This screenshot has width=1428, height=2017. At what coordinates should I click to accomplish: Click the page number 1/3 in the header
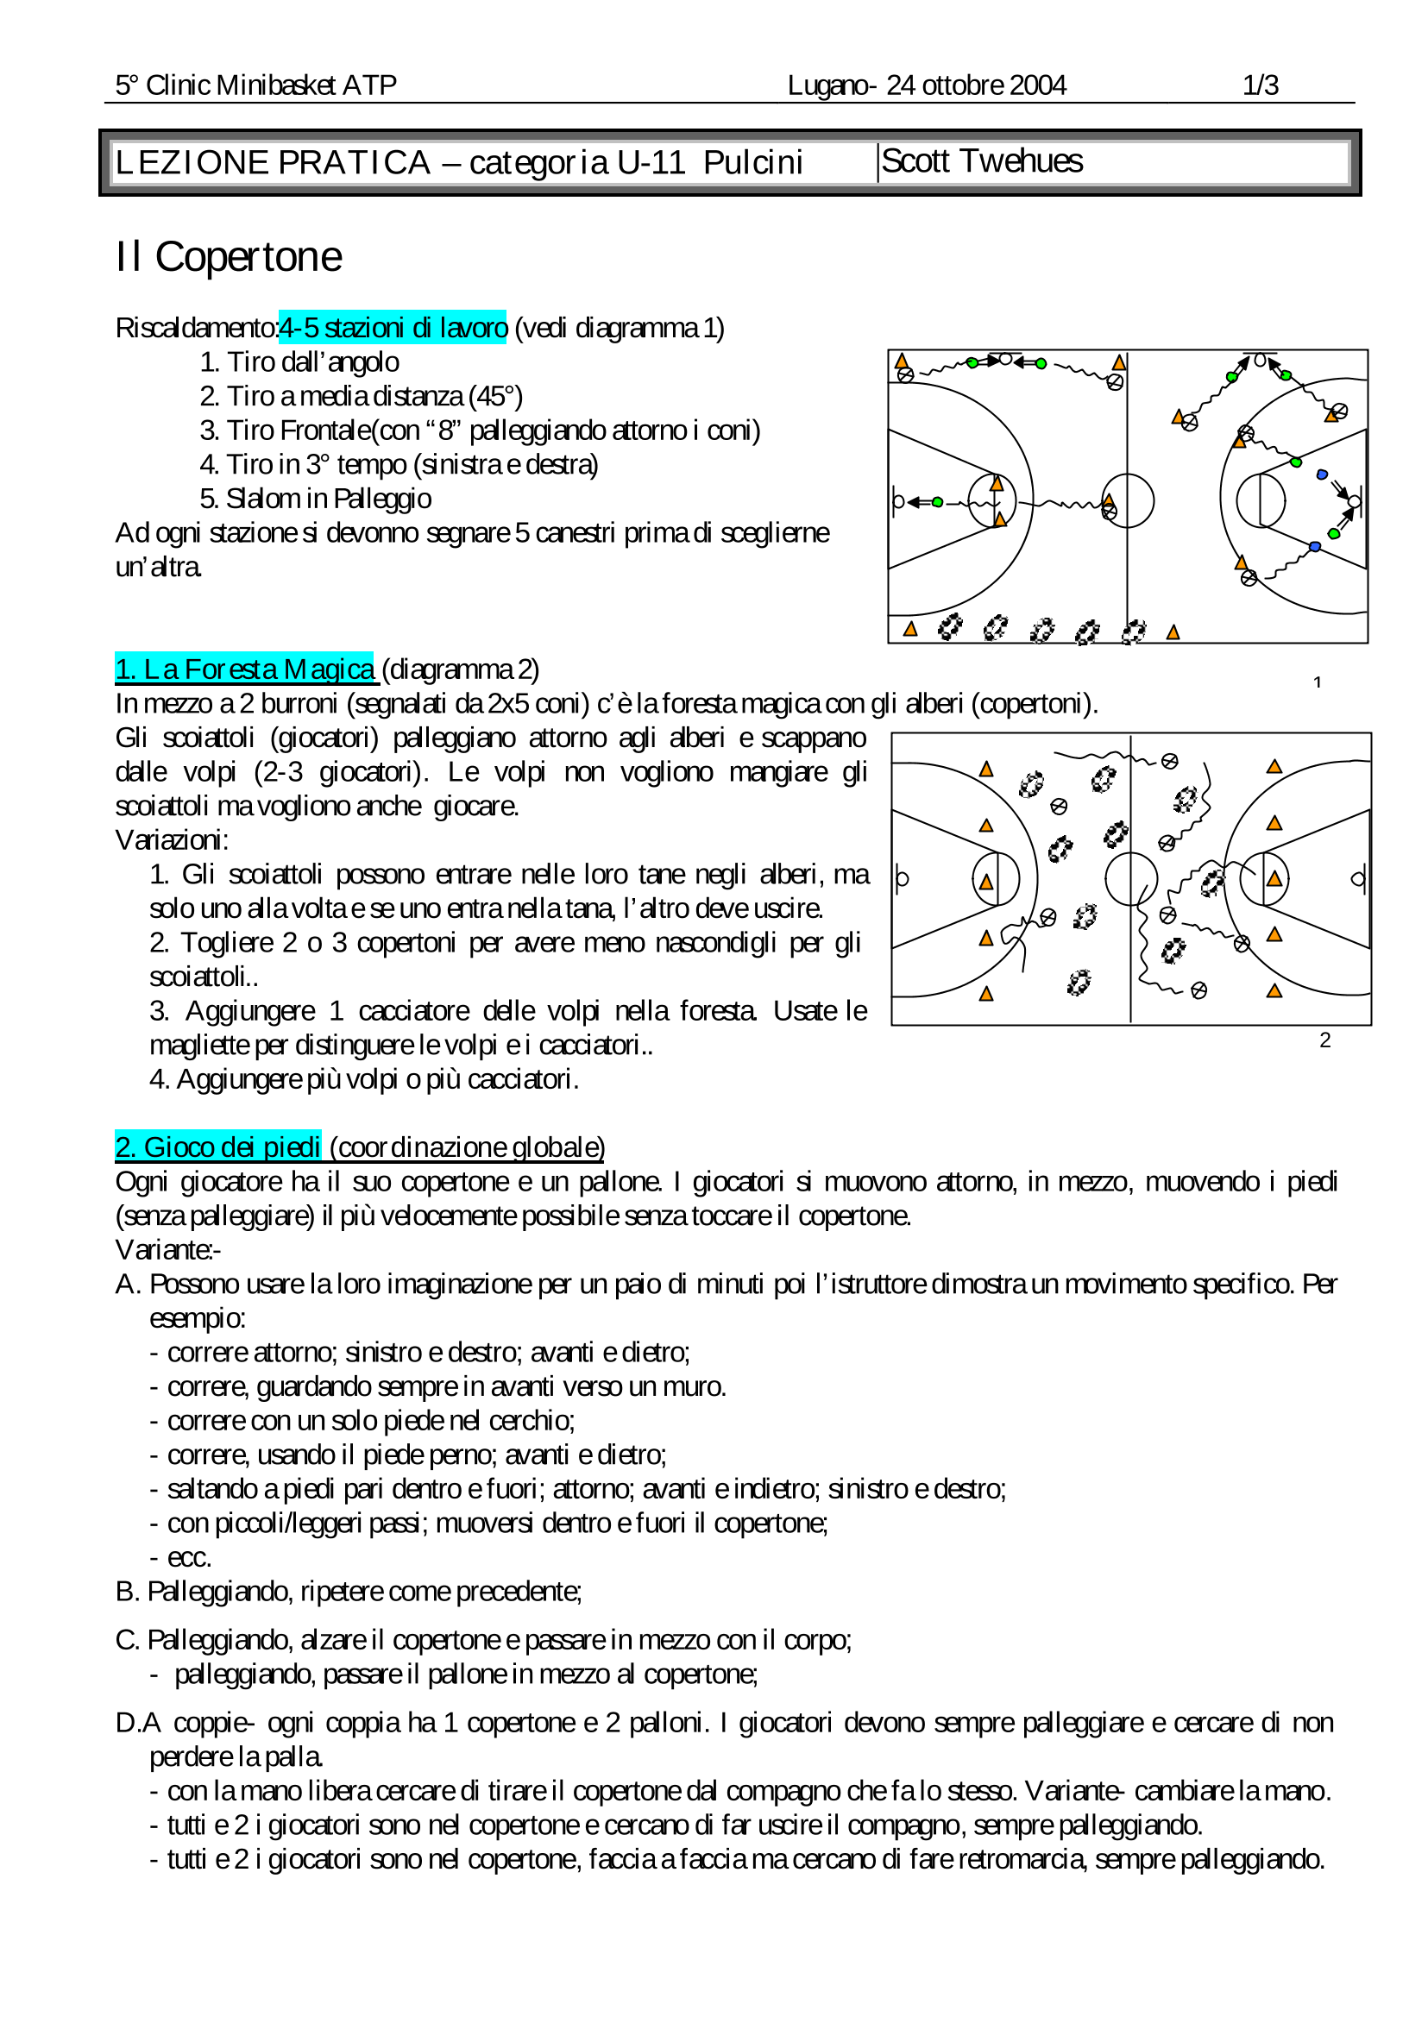(1259, 85)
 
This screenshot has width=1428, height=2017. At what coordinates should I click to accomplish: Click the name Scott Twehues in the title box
(981, 162)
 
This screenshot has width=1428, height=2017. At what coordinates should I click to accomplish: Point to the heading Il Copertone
(229, 258)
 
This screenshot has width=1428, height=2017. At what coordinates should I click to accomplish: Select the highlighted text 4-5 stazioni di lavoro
(393, 328)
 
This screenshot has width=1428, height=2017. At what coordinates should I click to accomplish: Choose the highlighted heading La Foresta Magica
(245, 669)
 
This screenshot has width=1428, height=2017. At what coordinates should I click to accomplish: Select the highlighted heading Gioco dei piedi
(218, 1147)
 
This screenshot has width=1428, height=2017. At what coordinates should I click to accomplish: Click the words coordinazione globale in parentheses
(467, 1147)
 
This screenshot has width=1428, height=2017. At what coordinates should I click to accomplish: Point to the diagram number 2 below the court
(1324, 1040)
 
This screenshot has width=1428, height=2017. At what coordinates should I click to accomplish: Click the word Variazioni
(172, 840)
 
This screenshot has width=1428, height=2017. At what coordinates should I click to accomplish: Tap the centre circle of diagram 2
(1131, 878)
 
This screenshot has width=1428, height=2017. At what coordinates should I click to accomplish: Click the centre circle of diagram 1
(1127, 500)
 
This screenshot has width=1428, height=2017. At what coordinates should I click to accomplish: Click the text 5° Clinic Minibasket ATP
(256, 85)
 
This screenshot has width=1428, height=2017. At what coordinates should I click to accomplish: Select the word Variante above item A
(166, 1249)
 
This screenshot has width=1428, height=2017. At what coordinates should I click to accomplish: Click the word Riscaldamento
(196, 328)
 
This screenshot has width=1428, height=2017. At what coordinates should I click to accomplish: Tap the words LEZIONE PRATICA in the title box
(273, 163)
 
